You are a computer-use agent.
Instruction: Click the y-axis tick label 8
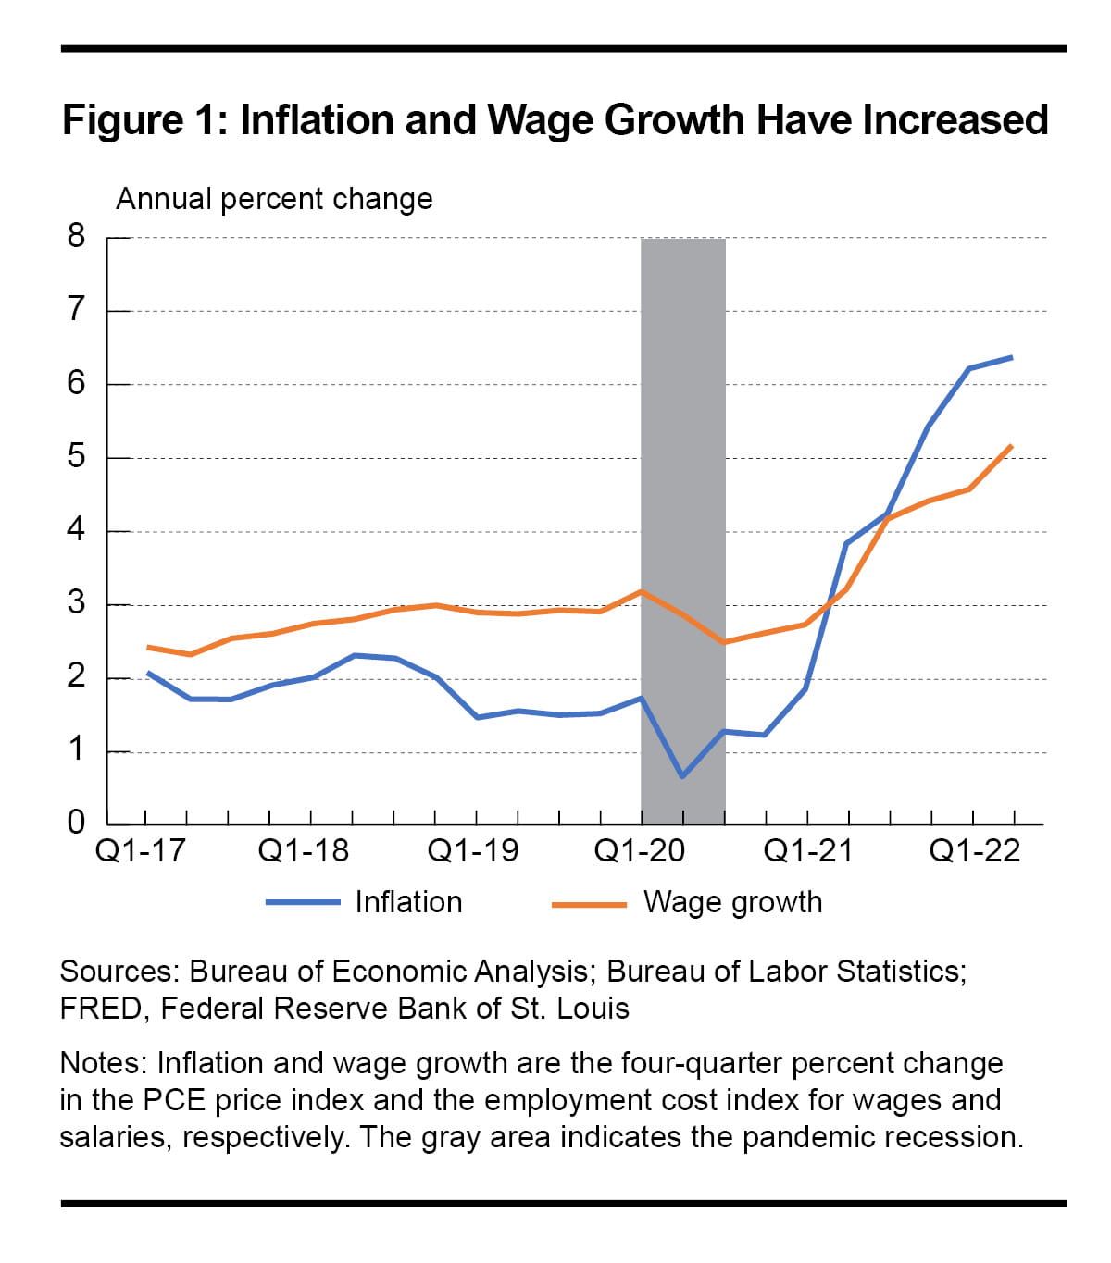76,237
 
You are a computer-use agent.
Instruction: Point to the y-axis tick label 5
76,457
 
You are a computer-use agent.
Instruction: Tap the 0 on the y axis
76,822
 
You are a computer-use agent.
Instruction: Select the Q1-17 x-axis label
141,850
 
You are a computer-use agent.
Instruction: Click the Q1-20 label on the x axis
640,850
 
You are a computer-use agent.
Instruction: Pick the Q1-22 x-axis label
975,850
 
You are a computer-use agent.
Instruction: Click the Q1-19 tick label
473,850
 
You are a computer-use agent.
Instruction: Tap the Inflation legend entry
408,902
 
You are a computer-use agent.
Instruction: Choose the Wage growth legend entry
732,902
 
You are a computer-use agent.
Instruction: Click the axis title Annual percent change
274,199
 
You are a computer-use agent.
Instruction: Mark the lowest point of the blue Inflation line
682,776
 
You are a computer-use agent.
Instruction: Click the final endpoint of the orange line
1012,446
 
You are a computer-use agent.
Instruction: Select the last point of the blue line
1012,357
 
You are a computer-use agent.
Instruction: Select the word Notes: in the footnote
105,1063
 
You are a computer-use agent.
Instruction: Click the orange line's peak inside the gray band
642,590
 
